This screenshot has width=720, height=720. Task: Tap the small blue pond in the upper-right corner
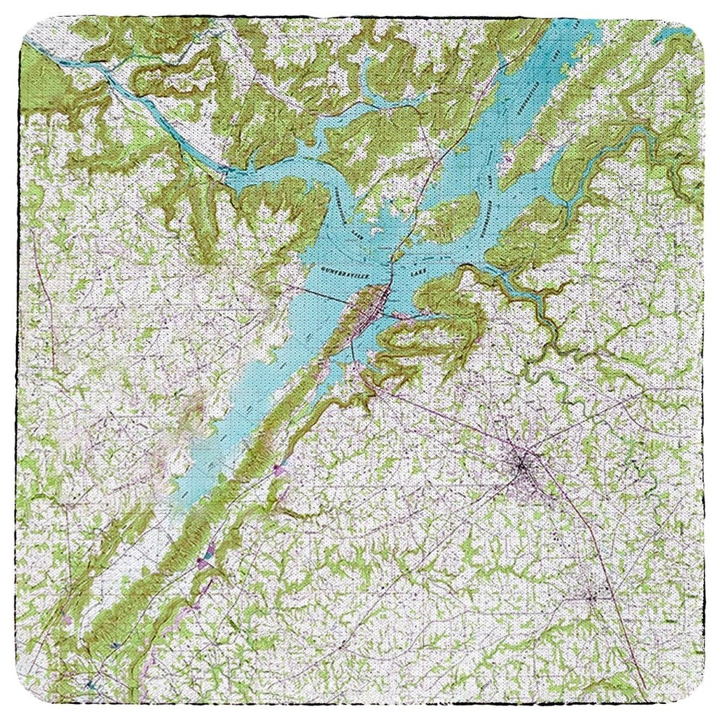point(680,35)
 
